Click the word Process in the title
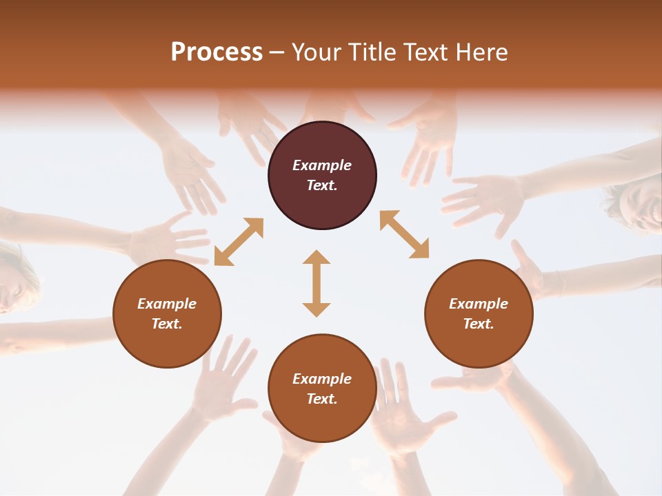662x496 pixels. pyautogui.click(x=217, y=52)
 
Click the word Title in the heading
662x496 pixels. pyautogui.click(x=374, y=52)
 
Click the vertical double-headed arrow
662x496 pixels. pyautogui.click(x=317, y=283)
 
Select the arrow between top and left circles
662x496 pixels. pyautogui.click(x=239, y=242)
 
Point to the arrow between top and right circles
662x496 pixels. pyautogui.click(x=404, y=234)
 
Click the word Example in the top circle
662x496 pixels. pyautogui.click(x=322, y=165)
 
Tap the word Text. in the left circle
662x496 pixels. pyautogui.click(x=167, y=324)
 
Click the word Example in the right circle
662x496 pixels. pyautogui.click(x=479, y=304)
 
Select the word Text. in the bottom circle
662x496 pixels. pyautogui.click(x=322, y=399)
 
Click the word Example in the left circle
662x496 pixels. pyautogui.click(x=167, y=304)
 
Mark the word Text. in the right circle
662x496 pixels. pyautogui.click(x=479, y=324)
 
